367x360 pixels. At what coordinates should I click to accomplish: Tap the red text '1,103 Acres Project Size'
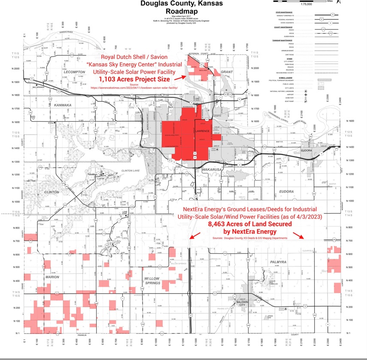click(x=134, y=79)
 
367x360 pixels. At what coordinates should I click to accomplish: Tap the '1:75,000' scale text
click(x=306, y=4)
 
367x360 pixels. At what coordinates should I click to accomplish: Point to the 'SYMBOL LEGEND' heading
click(x=283, y=77)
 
